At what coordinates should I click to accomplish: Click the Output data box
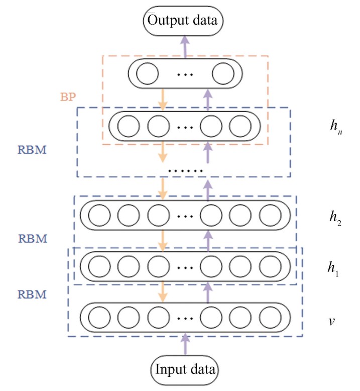(183, 21)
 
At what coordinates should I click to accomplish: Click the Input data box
(184, 370)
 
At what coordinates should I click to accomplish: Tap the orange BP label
(68, 97)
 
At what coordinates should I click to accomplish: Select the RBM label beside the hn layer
(32, 150)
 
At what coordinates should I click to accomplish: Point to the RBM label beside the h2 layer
(33, 238)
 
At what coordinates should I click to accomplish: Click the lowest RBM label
(32, 295)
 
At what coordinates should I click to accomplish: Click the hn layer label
(336, 127)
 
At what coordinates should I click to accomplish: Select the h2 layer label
(335, 218)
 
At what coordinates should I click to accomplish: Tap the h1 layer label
(333, 269)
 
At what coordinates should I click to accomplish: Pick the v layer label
(331, 321)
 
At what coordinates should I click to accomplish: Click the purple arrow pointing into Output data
(185, 47)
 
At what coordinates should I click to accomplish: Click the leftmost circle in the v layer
(99, 318)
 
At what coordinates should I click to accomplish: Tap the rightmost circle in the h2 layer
(270, 215)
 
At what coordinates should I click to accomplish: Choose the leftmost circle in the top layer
(148, 73)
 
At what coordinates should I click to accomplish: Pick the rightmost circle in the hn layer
(240, 126)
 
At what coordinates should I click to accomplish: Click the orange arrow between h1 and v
(163, 292)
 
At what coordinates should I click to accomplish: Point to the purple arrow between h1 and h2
(208, 241)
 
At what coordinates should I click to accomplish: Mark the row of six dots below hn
(185, 171)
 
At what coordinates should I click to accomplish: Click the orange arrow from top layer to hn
(163, 100)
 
